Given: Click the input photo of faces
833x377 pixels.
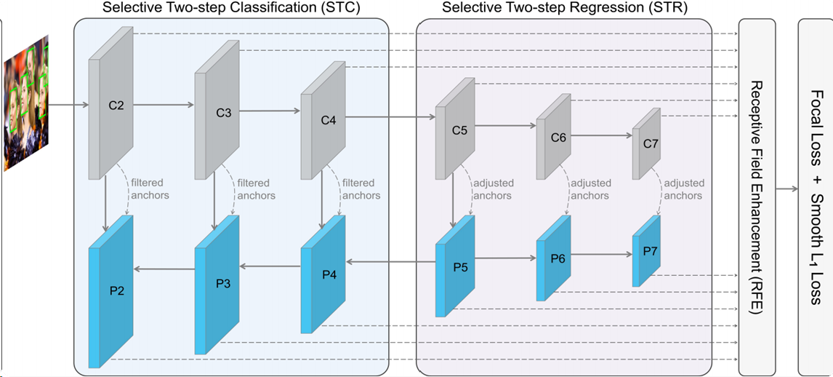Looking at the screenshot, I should pos(26,103).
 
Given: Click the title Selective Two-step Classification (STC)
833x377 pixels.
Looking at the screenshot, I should pos(231,9).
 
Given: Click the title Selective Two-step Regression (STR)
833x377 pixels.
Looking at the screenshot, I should pos(564,9).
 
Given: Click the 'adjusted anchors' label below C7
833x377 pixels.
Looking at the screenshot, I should pos(683,189).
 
